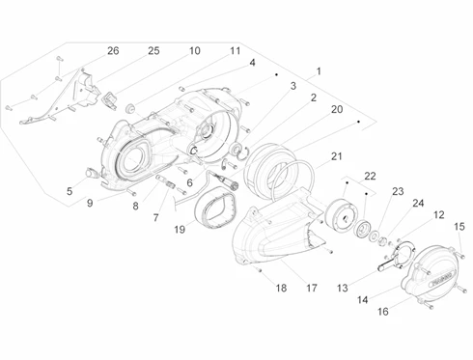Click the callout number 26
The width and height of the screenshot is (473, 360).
click(x=113, y=51)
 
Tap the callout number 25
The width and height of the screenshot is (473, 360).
click(x=153, y=51)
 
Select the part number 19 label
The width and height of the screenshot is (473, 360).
click(x=180, y=230)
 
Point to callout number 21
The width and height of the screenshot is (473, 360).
click(x=337, y=156)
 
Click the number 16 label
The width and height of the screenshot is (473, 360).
click(x=383, y=312)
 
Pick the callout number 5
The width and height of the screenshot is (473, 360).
click(x=70, y=191)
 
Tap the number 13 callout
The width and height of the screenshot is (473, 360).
click(x=343, y=288)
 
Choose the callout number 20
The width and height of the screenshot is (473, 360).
click(x=337, y=109)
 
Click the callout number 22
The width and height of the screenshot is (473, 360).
click(x=370, y=176)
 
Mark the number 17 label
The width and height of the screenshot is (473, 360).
click(x=312, y=288)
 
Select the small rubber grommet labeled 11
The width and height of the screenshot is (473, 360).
click(x=130, y=108)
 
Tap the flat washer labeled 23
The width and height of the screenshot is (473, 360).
click(x=374, y=235)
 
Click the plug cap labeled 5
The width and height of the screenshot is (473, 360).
click(x=91, y=173)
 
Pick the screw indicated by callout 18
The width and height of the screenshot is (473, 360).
click(x=260, y=270)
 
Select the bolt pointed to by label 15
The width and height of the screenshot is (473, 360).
click(x=462, y=256)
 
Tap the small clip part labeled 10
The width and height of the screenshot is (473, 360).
click(x=110, y=99)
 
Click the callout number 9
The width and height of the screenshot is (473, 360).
click(x=90, y=203)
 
